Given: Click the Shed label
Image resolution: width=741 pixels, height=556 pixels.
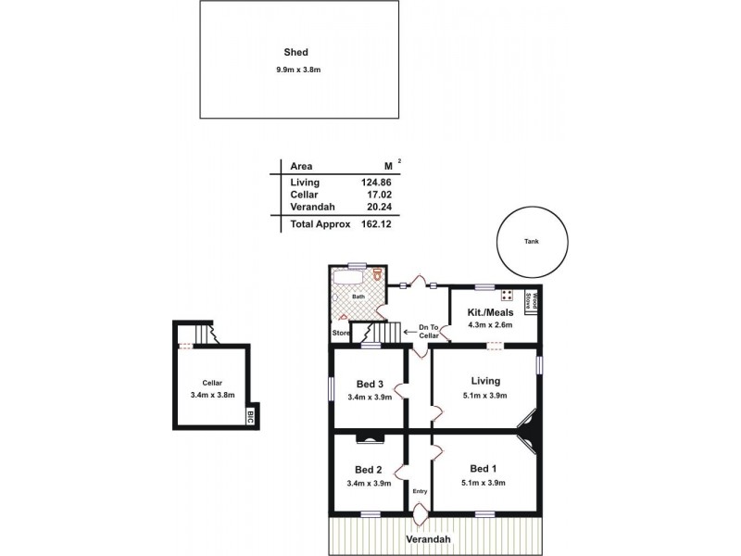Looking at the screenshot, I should pos(296,53).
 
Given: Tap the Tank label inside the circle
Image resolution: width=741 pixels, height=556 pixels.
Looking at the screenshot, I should pos(530,240).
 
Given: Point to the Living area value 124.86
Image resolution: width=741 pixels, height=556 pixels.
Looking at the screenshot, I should pos(376,183).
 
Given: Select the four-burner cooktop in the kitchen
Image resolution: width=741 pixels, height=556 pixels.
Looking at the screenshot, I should pos(507,297).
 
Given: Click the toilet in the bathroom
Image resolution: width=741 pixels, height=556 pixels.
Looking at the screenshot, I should pos(379,275).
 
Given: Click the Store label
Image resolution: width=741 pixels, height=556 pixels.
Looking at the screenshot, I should pos(341,333).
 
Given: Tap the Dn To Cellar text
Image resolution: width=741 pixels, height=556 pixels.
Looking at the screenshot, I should pos(428,331).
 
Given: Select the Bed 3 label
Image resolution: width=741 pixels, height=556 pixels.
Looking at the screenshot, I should pos(370,384).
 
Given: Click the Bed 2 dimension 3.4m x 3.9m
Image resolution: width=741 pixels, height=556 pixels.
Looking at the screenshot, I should pos(369,483).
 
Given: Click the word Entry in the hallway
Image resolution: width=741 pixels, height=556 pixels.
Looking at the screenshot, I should pos(420,491).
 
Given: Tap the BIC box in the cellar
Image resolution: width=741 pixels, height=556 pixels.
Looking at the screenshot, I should pos(250,416).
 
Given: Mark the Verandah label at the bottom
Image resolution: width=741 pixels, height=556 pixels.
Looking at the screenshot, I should pos(426,538).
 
